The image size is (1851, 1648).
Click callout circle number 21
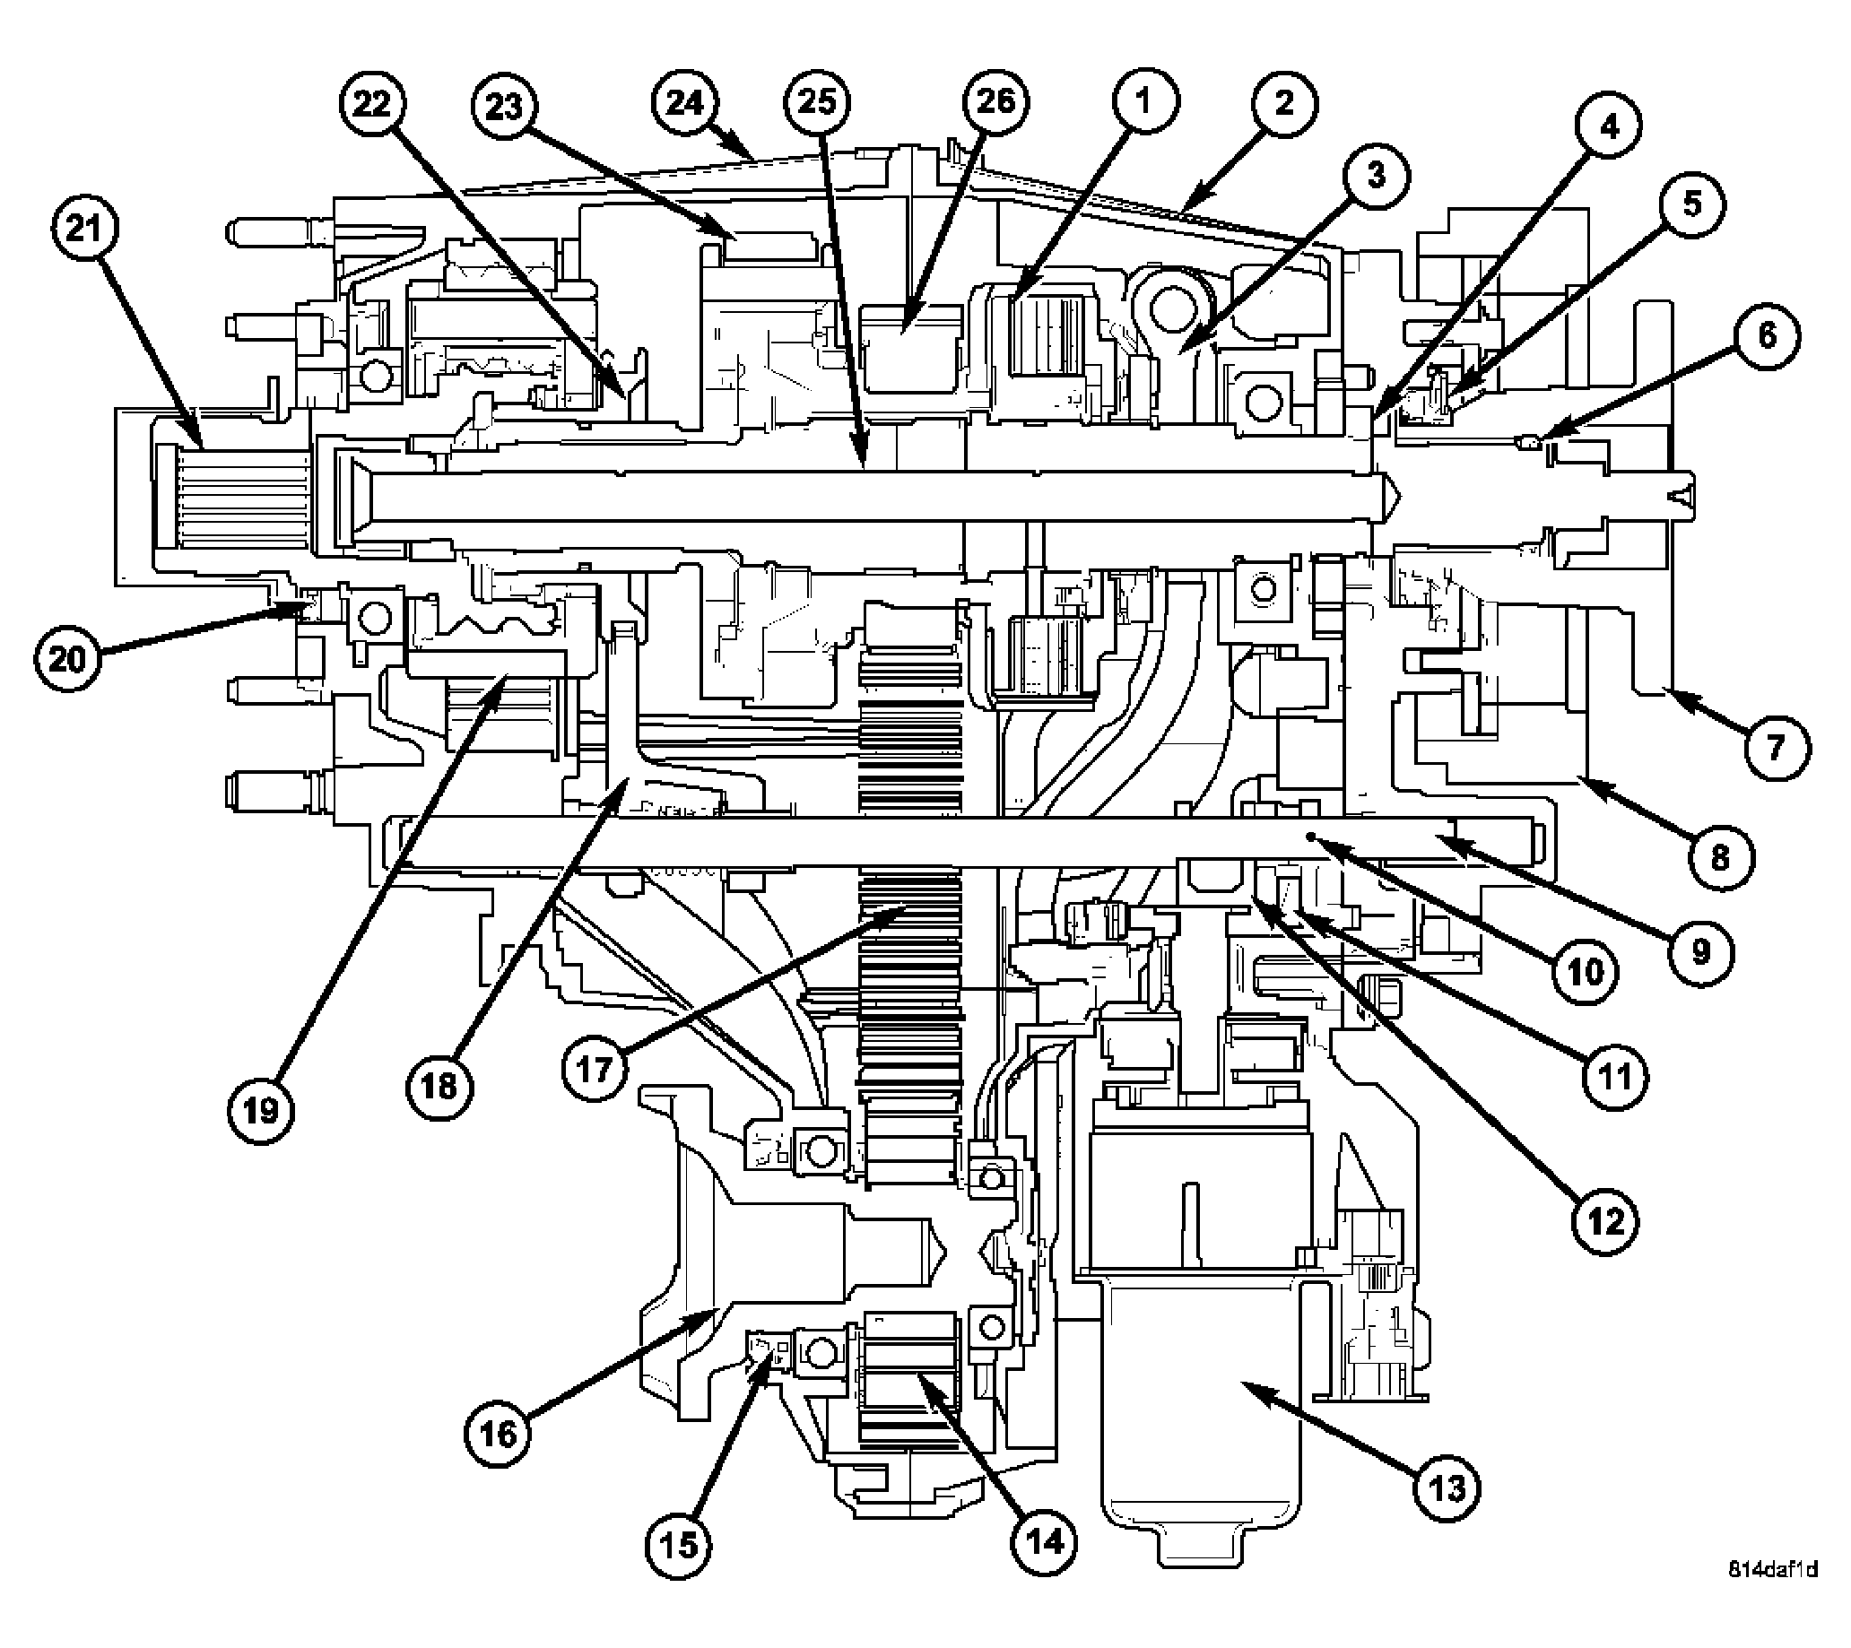pyautogui.click(x=84, y=230)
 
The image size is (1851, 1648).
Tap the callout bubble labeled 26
pyautogui.click(x=995, y=101)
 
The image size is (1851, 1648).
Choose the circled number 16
pyautogui.click(x=499, y=1433)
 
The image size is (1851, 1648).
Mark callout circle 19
pyautogui.click(x=261, y=1110)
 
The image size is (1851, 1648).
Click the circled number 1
pyautogui.click(x=1143, y=101)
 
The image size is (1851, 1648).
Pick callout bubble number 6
pyautogui.click(x=1767, y=336)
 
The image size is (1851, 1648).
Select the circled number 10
pyautogui.click(x=1585, y=972)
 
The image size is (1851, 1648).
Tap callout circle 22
pyautogui.click(x=372, y=104)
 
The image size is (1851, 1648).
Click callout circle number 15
pyautogui.click(x=678, y=1544)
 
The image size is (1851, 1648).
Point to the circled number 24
pyautogui.click(x=684, y=104)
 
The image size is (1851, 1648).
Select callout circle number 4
pyautogui.click(x=1608, y=127)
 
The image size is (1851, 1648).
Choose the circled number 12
pyautogui.click(x=1603, y=1221)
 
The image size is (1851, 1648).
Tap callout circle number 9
pyautogui.click(x=1700, y=950)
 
